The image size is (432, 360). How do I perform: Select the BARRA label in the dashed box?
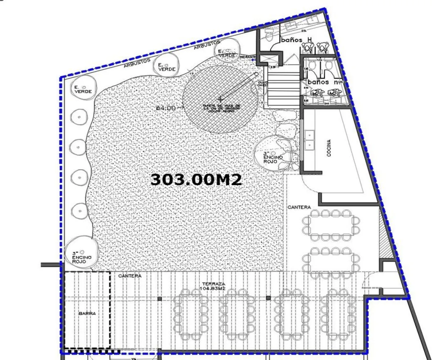(x=87, y=314)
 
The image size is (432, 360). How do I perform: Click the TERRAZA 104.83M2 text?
(x=213, y=286)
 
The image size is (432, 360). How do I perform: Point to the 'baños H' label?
(x=296, y=40)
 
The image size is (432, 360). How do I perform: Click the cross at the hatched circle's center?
(x=220, y=98)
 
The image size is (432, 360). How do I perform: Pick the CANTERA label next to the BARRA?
(x=130, y=276)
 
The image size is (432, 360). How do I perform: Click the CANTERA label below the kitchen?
(x=299, y=207)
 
